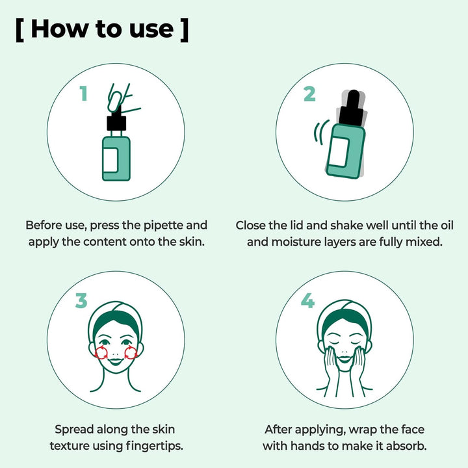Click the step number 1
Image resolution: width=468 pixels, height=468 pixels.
coord(84,93)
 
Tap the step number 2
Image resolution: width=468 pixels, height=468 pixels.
coord(309,94)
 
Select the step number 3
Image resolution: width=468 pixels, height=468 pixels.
coord(81,300)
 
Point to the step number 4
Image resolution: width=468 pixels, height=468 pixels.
coord(307,300)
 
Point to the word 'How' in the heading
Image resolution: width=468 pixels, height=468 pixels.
coord(58,29)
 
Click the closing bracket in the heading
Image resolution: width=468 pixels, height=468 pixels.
coord(185,30)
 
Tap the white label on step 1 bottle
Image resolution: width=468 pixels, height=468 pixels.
coord(110,160)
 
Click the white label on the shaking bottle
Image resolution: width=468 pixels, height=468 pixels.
coord(339,152)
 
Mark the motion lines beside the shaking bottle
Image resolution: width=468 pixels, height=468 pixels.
coord(320,132)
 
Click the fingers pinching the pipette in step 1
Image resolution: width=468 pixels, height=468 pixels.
coord(120,99)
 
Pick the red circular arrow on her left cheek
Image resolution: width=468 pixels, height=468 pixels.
coord(131,353)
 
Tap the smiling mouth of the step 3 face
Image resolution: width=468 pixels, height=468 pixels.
coord(116,362)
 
